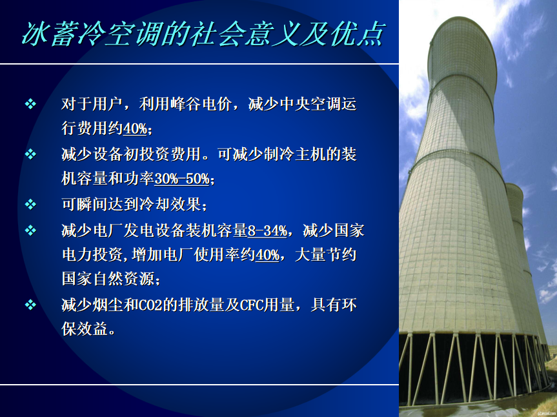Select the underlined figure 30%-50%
coord(182,179)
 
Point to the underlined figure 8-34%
coord(267,231)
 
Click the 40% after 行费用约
coord(135,128)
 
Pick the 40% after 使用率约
coord(267,255)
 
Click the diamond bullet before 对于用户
coord(30,104)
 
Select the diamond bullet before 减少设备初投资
coord(30,154)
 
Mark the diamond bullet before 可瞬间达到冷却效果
coord(30,205)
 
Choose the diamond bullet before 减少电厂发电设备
coord(30,230)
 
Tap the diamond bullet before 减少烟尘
coord(30,305)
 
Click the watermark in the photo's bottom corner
coord(546,413)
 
